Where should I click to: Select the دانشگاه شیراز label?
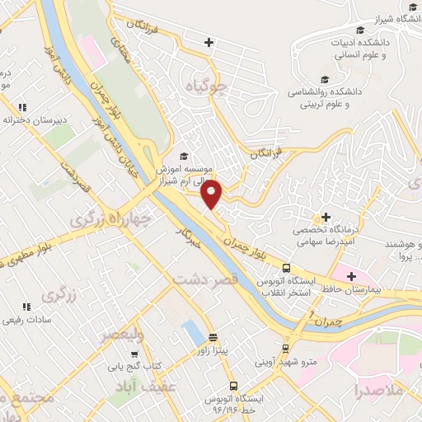[397, 18]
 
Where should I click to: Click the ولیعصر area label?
[122, 335]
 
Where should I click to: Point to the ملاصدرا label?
[380, 390]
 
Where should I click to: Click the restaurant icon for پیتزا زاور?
[213, 337]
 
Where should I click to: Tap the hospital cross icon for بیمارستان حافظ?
[351, 275]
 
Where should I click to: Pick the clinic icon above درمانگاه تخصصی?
[326, 216]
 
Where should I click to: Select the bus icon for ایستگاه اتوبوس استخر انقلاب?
[286, 268]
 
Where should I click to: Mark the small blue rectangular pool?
[192, 332]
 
